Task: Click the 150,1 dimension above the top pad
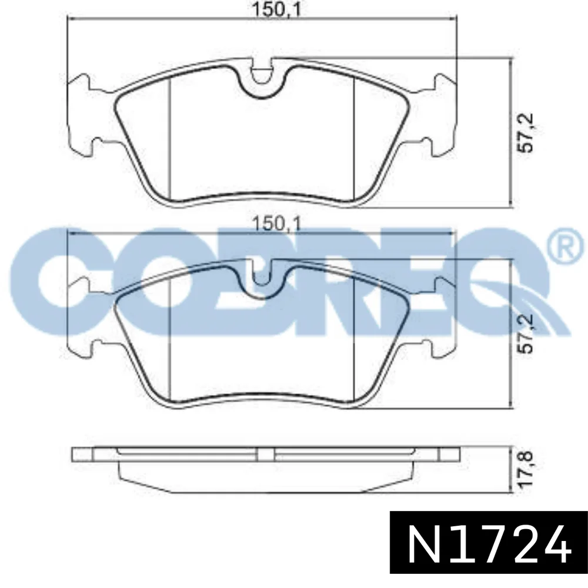tap(276, 9)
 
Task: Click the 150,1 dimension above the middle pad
tap(277, 224)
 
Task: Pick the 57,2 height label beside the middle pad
tap(524, 333)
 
